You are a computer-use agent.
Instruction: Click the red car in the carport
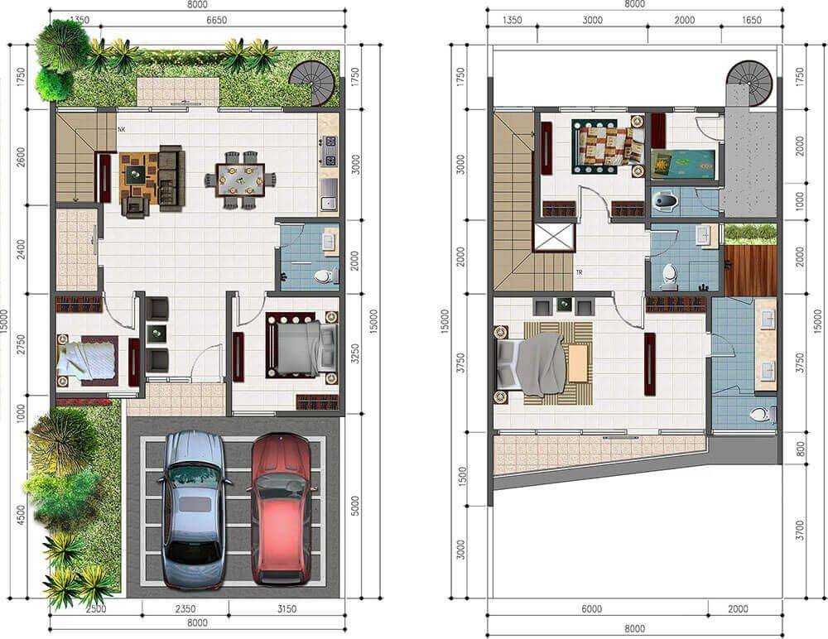click(281, 510)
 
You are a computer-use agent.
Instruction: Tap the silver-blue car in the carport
click(194, 510)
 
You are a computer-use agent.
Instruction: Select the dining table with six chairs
click(240, 180)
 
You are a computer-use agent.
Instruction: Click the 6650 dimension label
click(216, 20)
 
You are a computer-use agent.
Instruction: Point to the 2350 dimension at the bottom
click(185, 609)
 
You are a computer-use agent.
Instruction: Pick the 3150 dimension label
click(286, 609)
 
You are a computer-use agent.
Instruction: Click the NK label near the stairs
click(122, 129)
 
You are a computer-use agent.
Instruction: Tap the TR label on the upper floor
click(580, 272)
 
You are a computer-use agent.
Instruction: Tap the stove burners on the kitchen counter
click(329, 150)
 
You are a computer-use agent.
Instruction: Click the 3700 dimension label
click(800, 530)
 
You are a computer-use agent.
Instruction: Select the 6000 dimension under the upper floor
click(591, 609)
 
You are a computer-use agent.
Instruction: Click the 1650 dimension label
click(752, 20)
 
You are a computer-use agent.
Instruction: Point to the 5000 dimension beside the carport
click(355, 506)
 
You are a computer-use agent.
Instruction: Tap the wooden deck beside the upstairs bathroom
click(750, 269)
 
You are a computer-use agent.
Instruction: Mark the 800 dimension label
click(800, 449)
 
